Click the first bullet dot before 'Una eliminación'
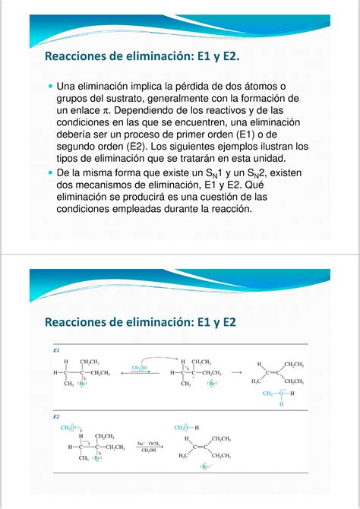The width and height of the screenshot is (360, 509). (51, 87)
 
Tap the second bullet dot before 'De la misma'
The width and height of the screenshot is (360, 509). (51, 173)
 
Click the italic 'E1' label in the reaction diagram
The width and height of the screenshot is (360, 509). (56, 352)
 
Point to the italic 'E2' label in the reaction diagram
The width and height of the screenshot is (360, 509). (56, 417)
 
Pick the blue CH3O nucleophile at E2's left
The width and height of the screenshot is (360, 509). (68, 428)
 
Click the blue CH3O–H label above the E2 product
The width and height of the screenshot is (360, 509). (188, 428)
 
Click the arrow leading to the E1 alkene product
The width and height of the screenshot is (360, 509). (238, 373)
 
